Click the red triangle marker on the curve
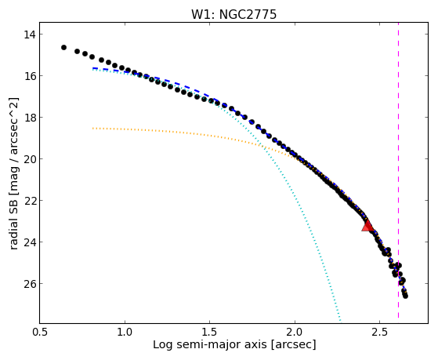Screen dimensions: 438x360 pyautogui.click(x=367, y=226)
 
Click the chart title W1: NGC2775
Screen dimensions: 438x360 pyautogui.click(x=233, y=14)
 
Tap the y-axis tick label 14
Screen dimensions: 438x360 pyautogui.click(x=29, y=35)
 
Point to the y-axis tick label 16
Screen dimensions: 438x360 pyautogui.click(x=29, y=76)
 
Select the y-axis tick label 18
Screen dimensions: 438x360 pyautogui.click(x=29, y=118)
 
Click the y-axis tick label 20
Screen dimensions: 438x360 pyautogui.click(x=29, y=159)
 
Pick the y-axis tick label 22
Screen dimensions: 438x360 pyautogui.click(x=29, y=201)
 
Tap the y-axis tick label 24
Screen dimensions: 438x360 pyautogui.click(x=29, y=242)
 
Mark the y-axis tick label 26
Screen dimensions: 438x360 pyautogui.click(x=29, y=284)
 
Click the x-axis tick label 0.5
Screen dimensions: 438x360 pyautogui.click(x=40, y=332)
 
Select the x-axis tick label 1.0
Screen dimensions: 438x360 pyautogui.click(x=125, y=332)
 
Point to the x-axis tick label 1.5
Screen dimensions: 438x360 pyautogui.click(x=210, y=332)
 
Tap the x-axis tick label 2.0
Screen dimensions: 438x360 pyautogui.click(x=295, y=332)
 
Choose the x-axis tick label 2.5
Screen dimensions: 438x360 pyautogui.click(x=379, y=332)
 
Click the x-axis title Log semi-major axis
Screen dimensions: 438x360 pyautogui.click(x=210, y=344)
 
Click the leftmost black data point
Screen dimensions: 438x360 pyautogui.click(x=63, y=48)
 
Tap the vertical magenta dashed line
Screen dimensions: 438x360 pyautogui.click(x=398, y=170)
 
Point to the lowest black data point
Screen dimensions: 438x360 pyautogui.click(x=405, y=296)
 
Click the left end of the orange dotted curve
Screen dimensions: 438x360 pyautogui.click(x=93, y=128)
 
